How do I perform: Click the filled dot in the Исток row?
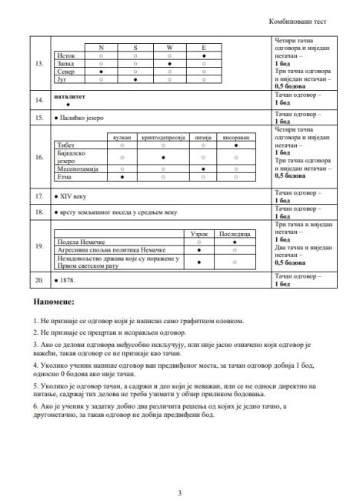(203, 56)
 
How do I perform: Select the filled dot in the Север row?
(101, 71)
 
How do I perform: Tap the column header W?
(169, 48)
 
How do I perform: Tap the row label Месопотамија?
(75, 168)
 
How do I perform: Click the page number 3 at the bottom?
(179, 471)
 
